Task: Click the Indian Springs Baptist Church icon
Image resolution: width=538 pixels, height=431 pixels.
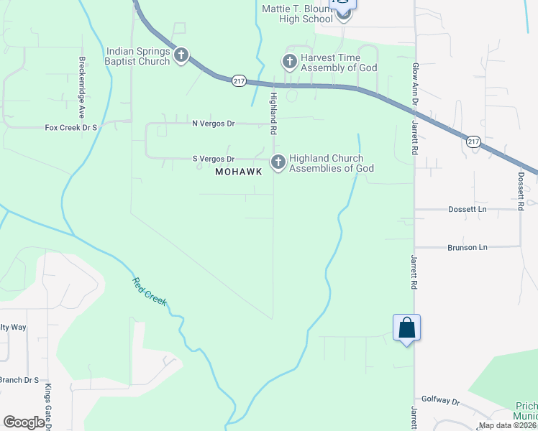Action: [181, 55]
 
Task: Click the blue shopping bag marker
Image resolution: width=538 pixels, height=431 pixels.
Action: [406, 328]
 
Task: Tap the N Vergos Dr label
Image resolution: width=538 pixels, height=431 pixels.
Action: [213, 124]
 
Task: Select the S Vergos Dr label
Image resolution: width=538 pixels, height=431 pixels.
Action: [213, 159]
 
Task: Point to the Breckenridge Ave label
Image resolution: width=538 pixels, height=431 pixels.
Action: [82, 88]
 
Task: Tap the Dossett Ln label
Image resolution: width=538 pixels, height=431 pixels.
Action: [468, 210]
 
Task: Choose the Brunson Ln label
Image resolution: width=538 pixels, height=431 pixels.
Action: [468, 247]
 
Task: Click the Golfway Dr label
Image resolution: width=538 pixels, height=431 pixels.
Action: [440, 401]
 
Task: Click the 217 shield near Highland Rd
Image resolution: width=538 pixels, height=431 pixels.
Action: [239, 81]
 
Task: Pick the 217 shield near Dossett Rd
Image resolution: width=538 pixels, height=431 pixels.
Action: [473, 142]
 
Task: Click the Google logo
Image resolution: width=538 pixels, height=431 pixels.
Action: [23, 422]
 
